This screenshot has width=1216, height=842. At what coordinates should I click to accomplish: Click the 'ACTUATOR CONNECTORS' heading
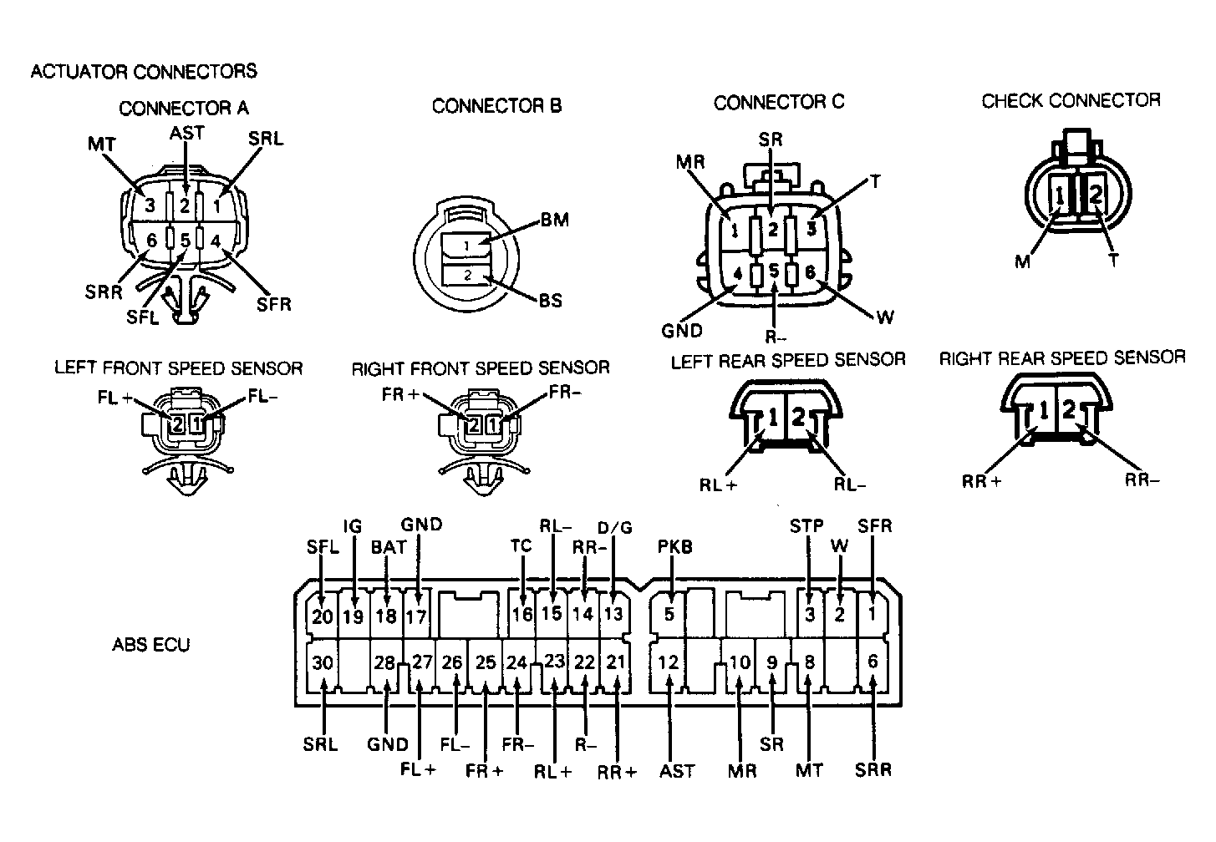coord(144,71)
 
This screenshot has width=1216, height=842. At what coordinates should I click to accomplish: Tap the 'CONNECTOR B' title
coord(496,105)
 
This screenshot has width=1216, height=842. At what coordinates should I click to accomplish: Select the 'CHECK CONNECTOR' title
coord(1071,100)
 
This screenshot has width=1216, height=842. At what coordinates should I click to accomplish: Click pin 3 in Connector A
coord(150,205)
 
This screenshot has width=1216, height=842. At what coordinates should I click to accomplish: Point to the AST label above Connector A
coord(186,133)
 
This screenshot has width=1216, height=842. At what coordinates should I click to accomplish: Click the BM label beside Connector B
coord(555,219)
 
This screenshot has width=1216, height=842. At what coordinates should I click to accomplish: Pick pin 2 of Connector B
coord(467,275)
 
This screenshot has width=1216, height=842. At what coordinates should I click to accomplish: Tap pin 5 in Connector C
coord(774,271)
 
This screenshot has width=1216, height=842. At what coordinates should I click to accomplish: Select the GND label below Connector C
coord(682,330)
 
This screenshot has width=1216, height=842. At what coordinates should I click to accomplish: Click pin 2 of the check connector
coord(1096,194)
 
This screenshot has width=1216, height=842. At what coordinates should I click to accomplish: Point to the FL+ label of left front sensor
coord(114,397)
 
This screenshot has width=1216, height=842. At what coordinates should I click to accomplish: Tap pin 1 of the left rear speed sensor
coord(773,417)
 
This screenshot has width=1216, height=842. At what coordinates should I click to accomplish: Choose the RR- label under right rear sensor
coord(1142,479)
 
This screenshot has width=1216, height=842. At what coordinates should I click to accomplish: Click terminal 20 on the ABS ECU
coord(322,616)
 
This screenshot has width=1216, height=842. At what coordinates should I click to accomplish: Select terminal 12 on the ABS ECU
coord(668,662)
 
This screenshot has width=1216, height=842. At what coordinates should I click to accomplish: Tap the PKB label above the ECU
coord(674,546)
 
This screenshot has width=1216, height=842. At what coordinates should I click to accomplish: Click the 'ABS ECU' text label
coord(151,644)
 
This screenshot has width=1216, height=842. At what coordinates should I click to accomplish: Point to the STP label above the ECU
coord(806,525)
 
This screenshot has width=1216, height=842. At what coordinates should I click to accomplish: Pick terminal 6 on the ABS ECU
coord(873,662)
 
